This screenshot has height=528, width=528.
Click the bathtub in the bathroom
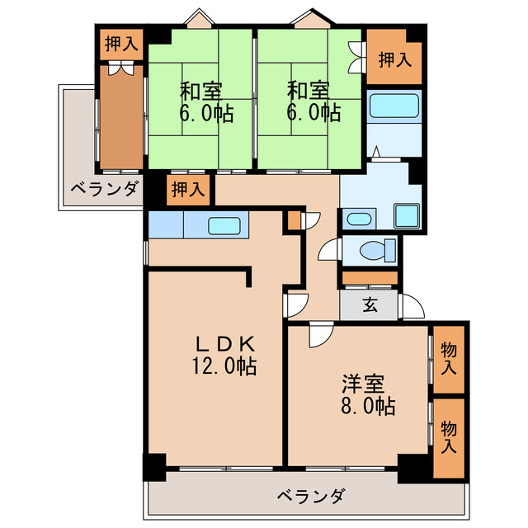(x=394, y=106)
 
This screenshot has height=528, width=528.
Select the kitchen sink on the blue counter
(x=224, y=225)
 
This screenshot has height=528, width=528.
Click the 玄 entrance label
(x=370, y=304)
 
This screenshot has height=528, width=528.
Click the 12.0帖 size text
(x=219, y=365)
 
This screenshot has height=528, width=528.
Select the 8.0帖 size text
(x=364, y=406)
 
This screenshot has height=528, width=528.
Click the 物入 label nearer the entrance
(x=449, y=357)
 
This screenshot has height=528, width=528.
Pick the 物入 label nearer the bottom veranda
(x=449, y=436)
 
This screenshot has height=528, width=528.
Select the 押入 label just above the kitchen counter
(x=187, y=190)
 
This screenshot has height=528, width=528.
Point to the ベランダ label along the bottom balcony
(x=310, y=497)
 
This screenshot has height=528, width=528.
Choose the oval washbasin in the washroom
(x=356, y=219)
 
